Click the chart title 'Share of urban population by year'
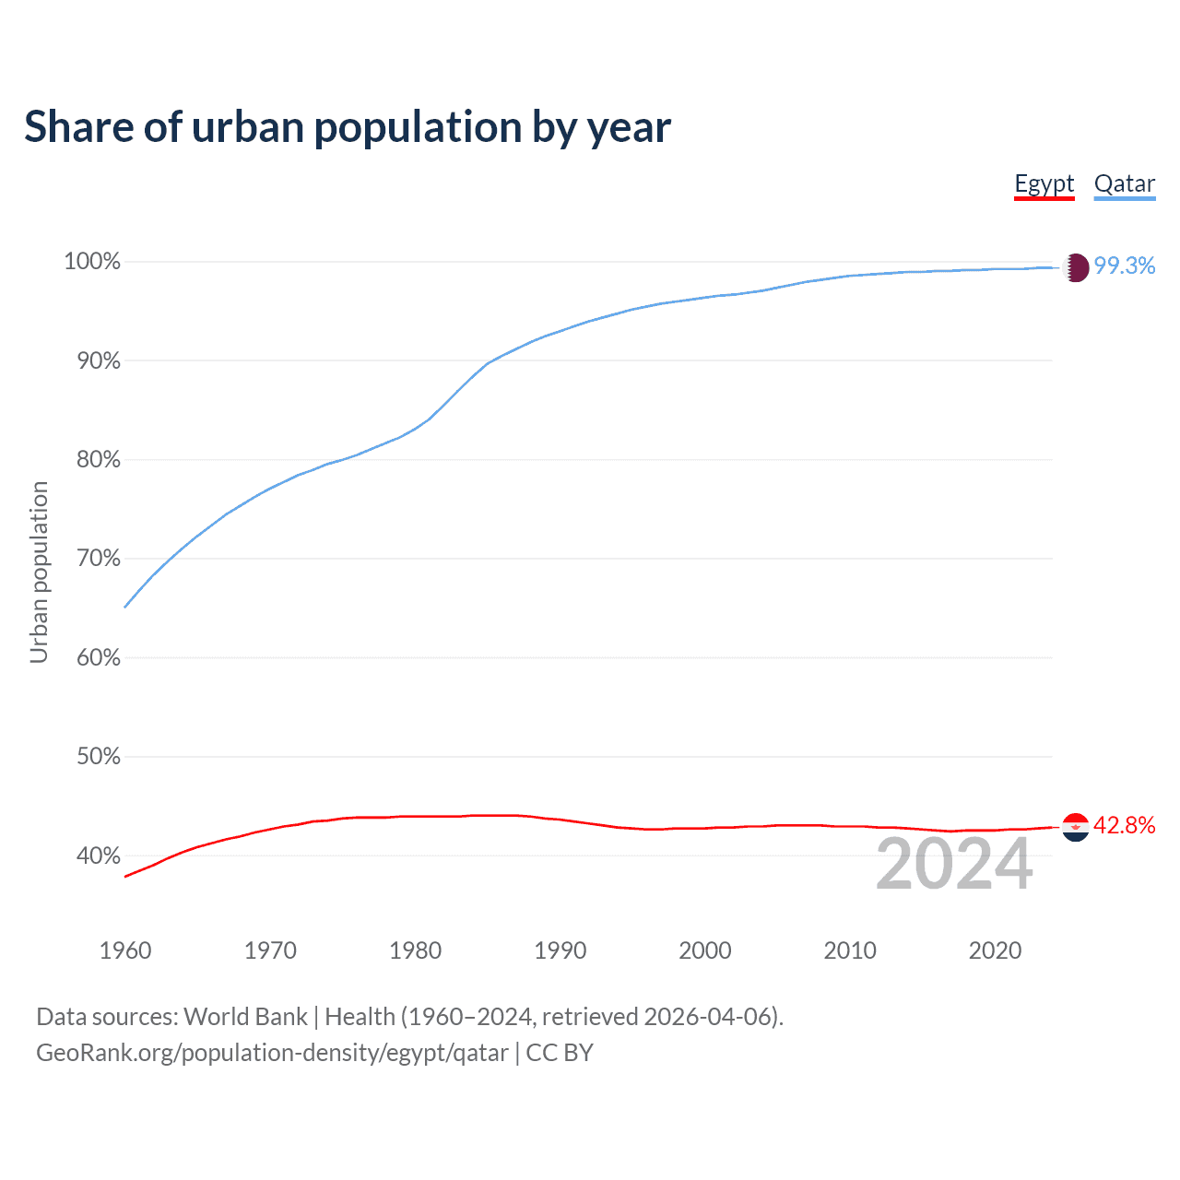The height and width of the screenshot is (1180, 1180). tap(348, 127)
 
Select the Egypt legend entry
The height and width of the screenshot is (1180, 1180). tap(1044, 183)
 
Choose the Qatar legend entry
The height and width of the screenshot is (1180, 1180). tap(1124, 183)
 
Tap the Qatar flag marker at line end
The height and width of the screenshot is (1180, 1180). tap(1076, 267)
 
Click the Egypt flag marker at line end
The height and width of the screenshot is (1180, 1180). tap(1076, 827)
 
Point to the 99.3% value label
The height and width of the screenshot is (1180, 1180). tap(1124, 266)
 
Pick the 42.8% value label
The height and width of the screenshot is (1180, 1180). tap(1124, 826)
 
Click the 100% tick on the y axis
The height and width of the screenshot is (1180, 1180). tap(92, 262)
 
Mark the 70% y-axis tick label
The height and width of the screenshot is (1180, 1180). tap(98, 559)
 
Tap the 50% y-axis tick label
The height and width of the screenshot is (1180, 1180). tap(98, 757)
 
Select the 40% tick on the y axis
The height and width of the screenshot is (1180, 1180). tap(98, 856)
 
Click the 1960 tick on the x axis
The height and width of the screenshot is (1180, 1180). tap(125, 950)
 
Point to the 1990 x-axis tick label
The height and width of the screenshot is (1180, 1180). tap(560, 950)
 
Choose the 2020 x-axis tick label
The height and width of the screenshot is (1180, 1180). tap(995, 950)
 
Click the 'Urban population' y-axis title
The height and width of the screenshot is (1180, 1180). tap(39, 572)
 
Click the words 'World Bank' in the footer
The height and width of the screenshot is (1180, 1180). tap(245, 1017)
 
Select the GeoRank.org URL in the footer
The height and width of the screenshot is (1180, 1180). tap(272, 1053)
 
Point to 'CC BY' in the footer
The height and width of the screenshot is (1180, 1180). tap(560, 1053)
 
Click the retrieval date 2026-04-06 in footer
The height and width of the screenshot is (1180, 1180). tap(711, 1017)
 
